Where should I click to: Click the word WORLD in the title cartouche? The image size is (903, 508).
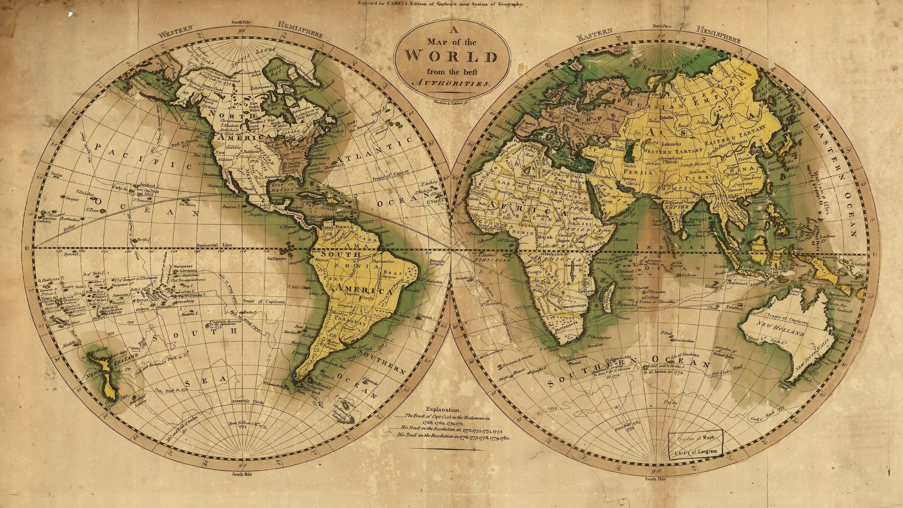tap(451, 56)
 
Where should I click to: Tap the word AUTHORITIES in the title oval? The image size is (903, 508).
tap(451, 84)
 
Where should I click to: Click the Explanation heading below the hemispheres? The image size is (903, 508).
tap(444, 409)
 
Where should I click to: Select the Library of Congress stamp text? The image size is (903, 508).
tap(696, 452)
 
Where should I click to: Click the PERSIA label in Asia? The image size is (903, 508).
tap(638, 172)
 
